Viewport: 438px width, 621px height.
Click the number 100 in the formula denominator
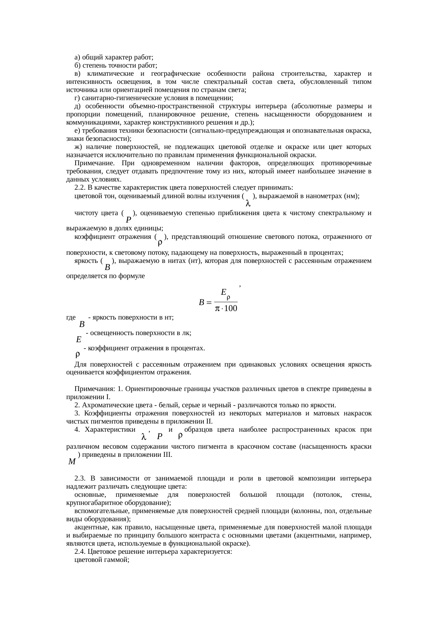(230, 309)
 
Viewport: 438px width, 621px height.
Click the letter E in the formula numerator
(223, 292)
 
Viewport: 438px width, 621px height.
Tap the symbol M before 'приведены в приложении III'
(72, 462)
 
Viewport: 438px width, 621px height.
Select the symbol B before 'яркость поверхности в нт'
(82, 324)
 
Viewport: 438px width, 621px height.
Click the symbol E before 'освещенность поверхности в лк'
(79, 340)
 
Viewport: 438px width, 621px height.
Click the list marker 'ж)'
(78, 147)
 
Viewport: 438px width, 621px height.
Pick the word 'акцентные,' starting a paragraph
(88, 527)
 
